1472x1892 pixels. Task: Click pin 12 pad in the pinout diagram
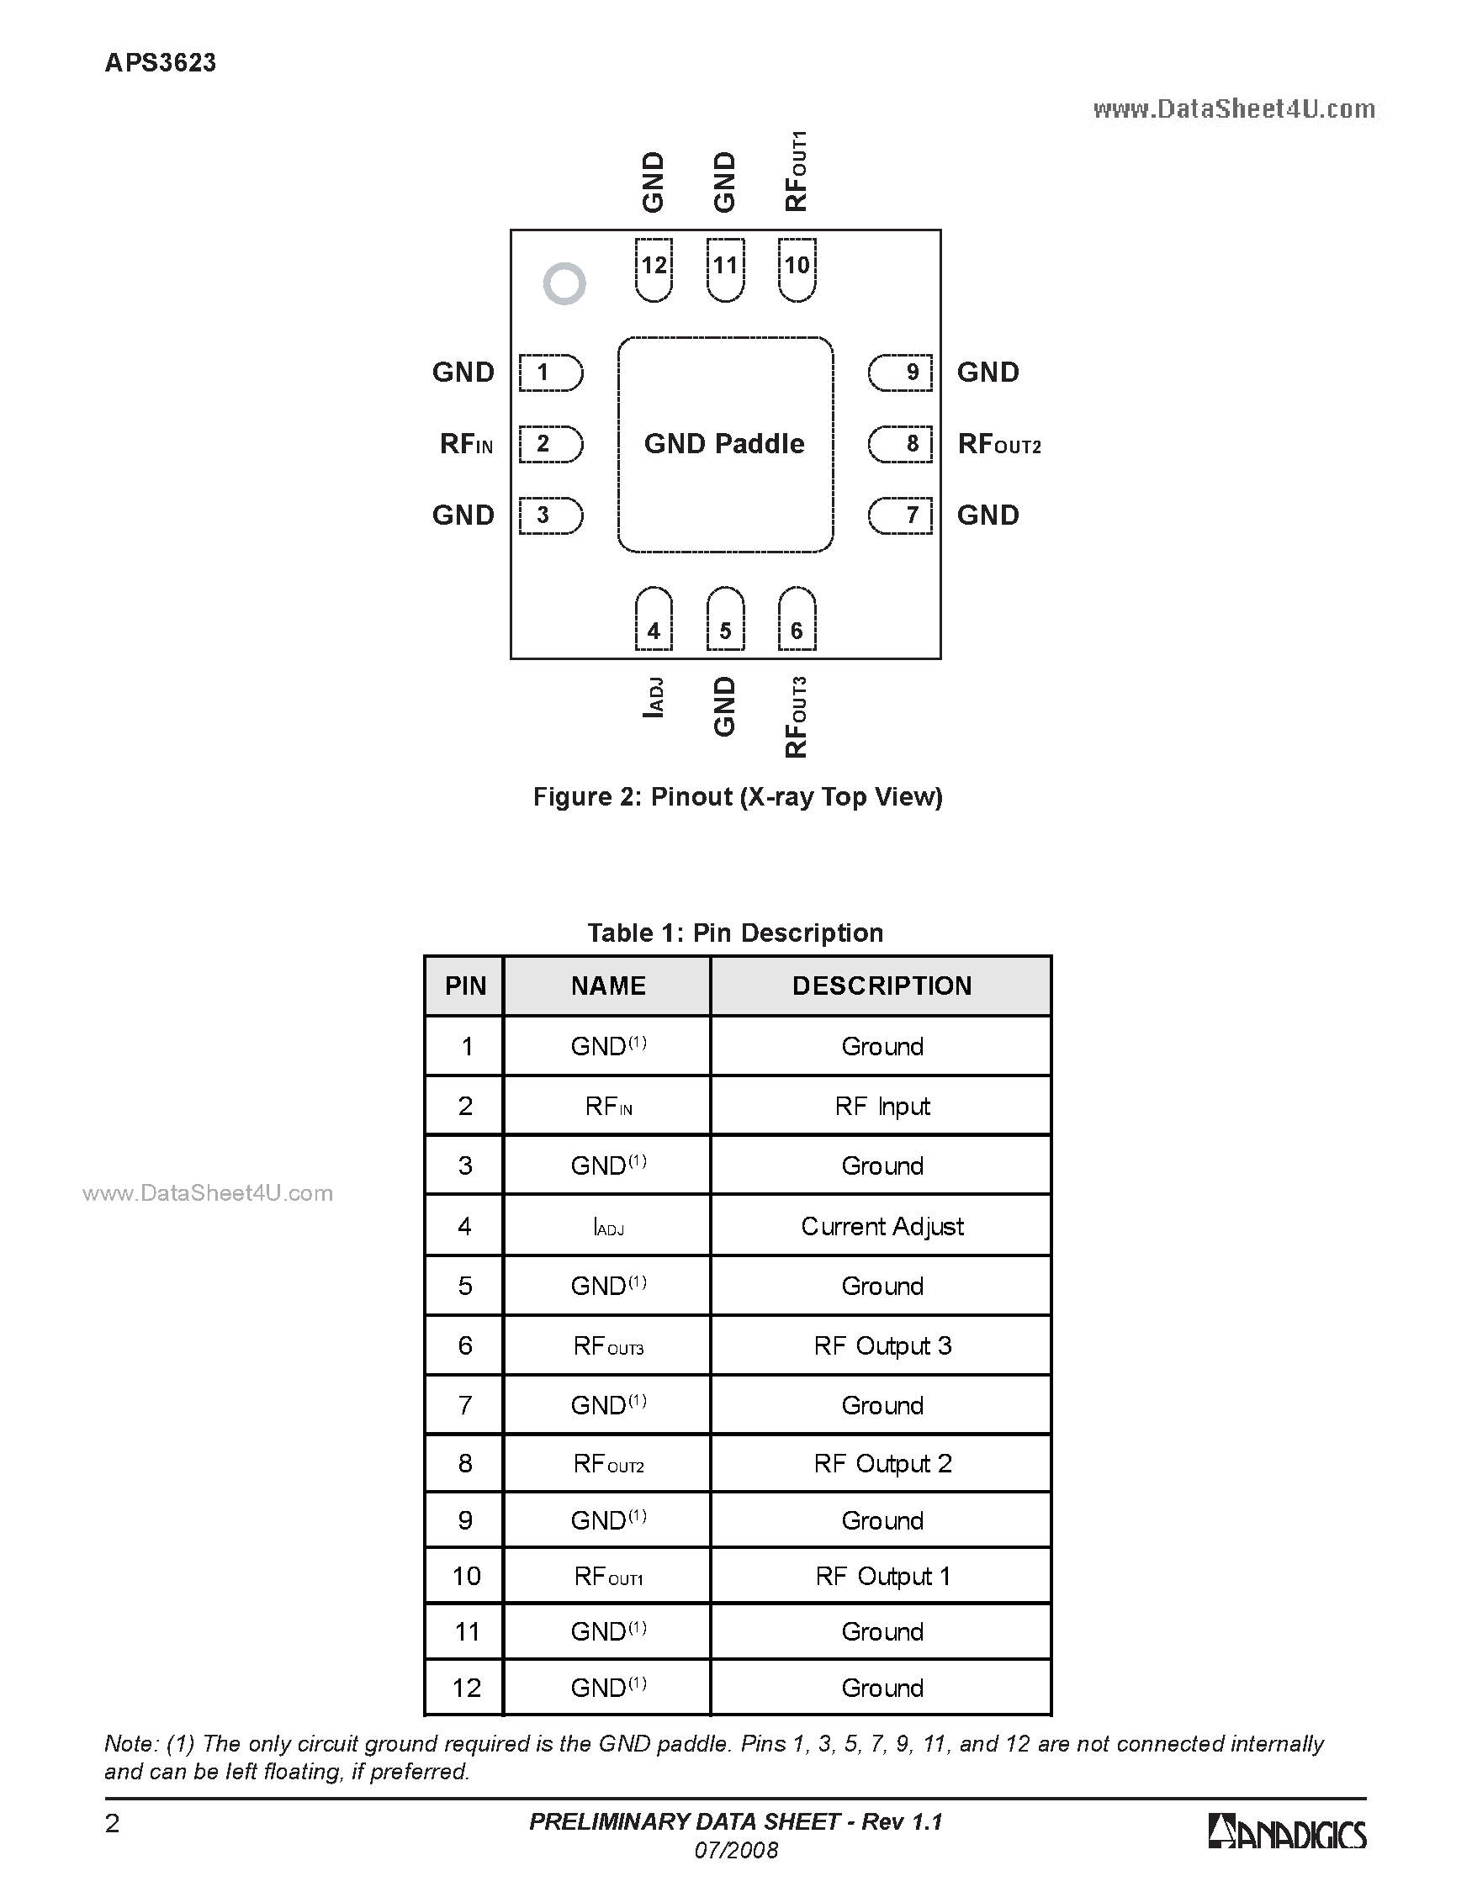pyautogui.click(x=654, y=269)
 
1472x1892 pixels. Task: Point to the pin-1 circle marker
pyautogui.click(x=564, y=283)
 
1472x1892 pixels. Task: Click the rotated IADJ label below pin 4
pyautogui.click(x=654, y=697)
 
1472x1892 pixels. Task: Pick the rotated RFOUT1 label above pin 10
pyautogui.click(x=797, y=172)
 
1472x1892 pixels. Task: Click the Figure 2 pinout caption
pyautogui.click(x=738, y=797)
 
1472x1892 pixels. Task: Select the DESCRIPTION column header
pyautogui.click(x=882, y=986)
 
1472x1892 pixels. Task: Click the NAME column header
pyautogui.click(x=608, y=986)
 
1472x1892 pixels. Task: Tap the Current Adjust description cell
pyautogui.click(x=882, y=1226)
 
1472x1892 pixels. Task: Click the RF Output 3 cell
pyautogui.click(x=882, y=1345)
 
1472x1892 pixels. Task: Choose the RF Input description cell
pyautogui.click(x=882, y=1107)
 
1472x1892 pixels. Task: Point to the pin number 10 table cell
pyautogui.click(x=466, y=1576)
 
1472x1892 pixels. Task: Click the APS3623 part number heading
pyautogui.click(x=161, y=63)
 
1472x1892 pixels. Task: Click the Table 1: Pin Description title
pyautogui.click(x=735, y=933)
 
